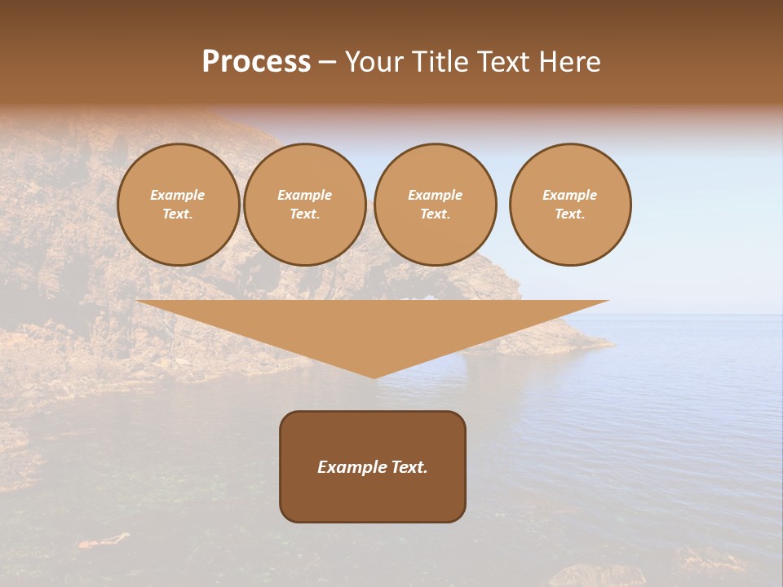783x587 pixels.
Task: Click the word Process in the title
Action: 256,62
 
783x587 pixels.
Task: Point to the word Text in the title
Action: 504,62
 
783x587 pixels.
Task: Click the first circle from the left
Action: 178,205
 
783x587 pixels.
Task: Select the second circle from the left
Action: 304,205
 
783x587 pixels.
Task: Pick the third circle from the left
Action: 435,205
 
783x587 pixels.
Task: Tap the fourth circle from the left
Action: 569,205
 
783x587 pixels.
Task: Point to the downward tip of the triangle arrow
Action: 374,376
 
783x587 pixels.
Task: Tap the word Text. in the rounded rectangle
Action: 408,467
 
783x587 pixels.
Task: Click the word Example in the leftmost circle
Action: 178,196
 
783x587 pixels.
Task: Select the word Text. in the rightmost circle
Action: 569,214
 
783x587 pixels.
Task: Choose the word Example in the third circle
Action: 435,196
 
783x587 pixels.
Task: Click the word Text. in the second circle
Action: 304,214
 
